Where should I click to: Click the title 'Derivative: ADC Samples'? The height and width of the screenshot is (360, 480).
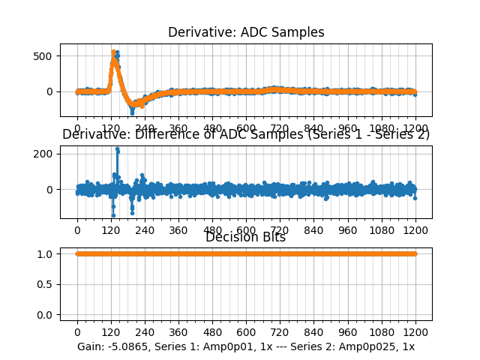pos(246,32)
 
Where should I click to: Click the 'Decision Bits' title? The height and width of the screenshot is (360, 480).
pos(246,238)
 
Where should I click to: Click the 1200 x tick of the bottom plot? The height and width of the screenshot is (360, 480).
pos(416,332)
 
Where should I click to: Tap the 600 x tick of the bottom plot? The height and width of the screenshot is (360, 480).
pos(247,332)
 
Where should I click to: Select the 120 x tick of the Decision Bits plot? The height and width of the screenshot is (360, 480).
pos(111,332)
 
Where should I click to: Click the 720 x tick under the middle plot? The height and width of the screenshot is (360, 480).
pos(280,230)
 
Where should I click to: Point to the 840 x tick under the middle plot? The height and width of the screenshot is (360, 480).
pos(314,230)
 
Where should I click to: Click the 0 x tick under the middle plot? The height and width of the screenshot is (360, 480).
pos(77,230)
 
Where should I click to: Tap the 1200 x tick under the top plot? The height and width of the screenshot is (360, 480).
pos(416,128)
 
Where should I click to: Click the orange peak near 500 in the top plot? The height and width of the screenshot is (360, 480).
pos(113,52)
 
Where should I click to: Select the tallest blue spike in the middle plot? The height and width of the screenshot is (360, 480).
pos(117,148)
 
